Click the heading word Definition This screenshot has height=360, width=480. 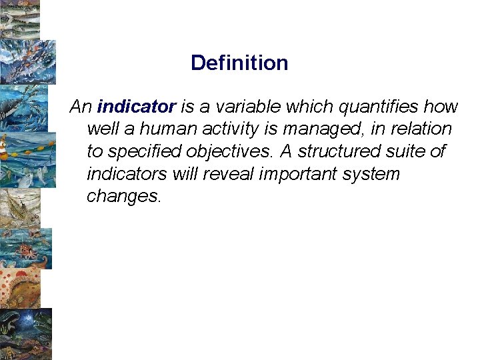(239, 63)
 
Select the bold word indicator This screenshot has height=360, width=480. (136, 107)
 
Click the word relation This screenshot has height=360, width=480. (422, 129)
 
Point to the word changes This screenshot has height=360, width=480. (123, 197)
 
